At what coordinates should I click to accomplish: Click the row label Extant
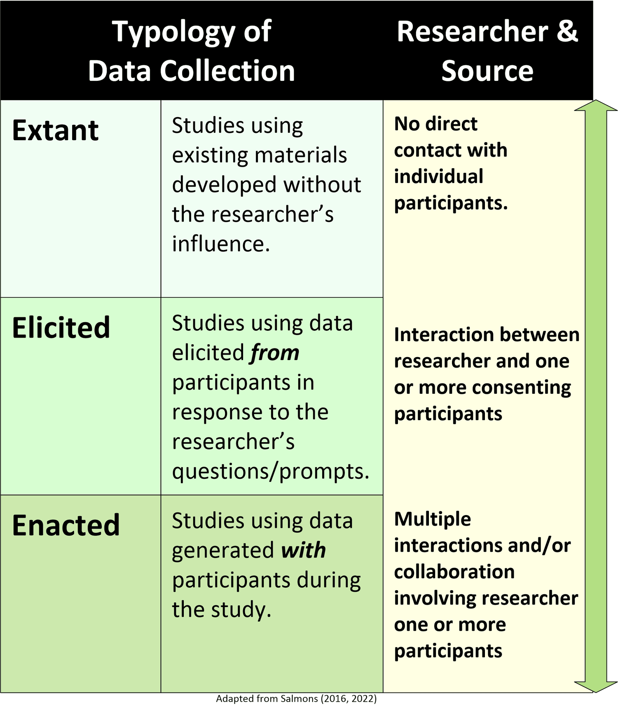[55, 130]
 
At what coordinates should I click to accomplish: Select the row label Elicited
[61, 328]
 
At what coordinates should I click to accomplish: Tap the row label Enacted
[66, 525]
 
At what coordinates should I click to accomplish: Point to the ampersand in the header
[567, 31]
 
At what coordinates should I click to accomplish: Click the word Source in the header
[487, 71]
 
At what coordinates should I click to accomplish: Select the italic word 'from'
[275, 353]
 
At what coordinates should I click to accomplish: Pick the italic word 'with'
[303, 550]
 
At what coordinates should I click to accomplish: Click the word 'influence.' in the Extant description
[221, 244]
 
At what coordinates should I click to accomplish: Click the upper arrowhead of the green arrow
[596, 106]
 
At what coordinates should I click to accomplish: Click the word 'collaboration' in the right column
[454, 572]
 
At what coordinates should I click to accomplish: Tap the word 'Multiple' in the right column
[433, 519]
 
